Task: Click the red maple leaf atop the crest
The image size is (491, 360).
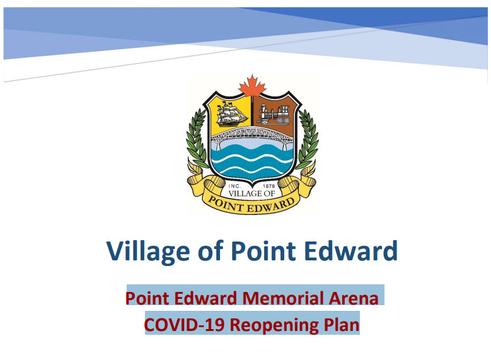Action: (251, 86)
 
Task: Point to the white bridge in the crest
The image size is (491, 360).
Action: (252, 134)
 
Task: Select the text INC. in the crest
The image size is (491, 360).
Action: (224, 186)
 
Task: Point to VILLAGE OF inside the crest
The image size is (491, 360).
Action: (252, 194)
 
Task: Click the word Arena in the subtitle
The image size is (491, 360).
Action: (351, 297)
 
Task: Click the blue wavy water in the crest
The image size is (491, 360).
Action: (252, 161)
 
